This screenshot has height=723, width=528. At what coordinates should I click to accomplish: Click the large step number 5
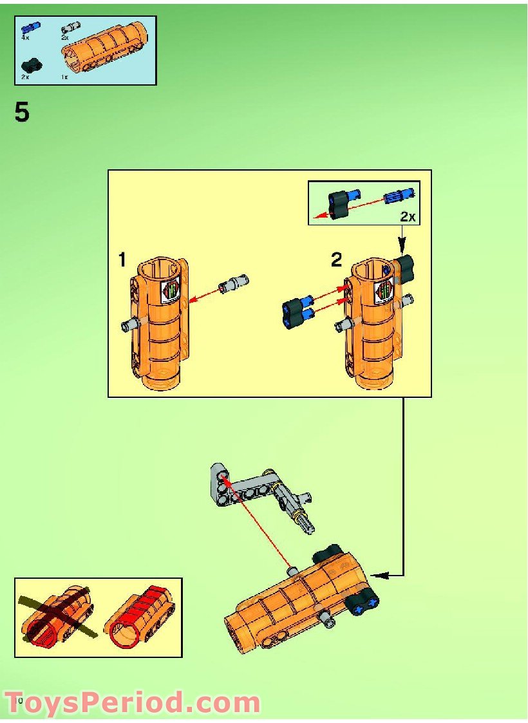[x=22, y=113]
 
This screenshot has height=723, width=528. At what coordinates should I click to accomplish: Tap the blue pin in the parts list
[x=30, y=28]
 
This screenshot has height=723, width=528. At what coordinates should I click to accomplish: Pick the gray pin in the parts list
[x=70, y=28]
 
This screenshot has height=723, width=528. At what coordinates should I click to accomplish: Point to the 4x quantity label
[x=25, y=39]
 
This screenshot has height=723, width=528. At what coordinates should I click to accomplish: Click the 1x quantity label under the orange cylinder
[x=64, y=77]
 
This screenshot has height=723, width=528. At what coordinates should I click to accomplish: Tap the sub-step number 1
[x=122, y=260]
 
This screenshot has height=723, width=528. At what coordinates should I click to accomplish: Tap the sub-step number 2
[x=336, y=260]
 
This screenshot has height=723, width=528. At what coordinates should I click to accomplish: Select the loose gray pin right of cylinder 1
[x=233, y=283]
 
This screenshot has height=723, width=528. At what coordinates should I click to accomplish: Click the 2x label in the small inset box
[x=408, y=217]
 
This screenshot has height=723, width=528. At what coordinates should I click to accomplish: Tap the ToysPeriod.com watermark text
[x=132, y=702]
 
